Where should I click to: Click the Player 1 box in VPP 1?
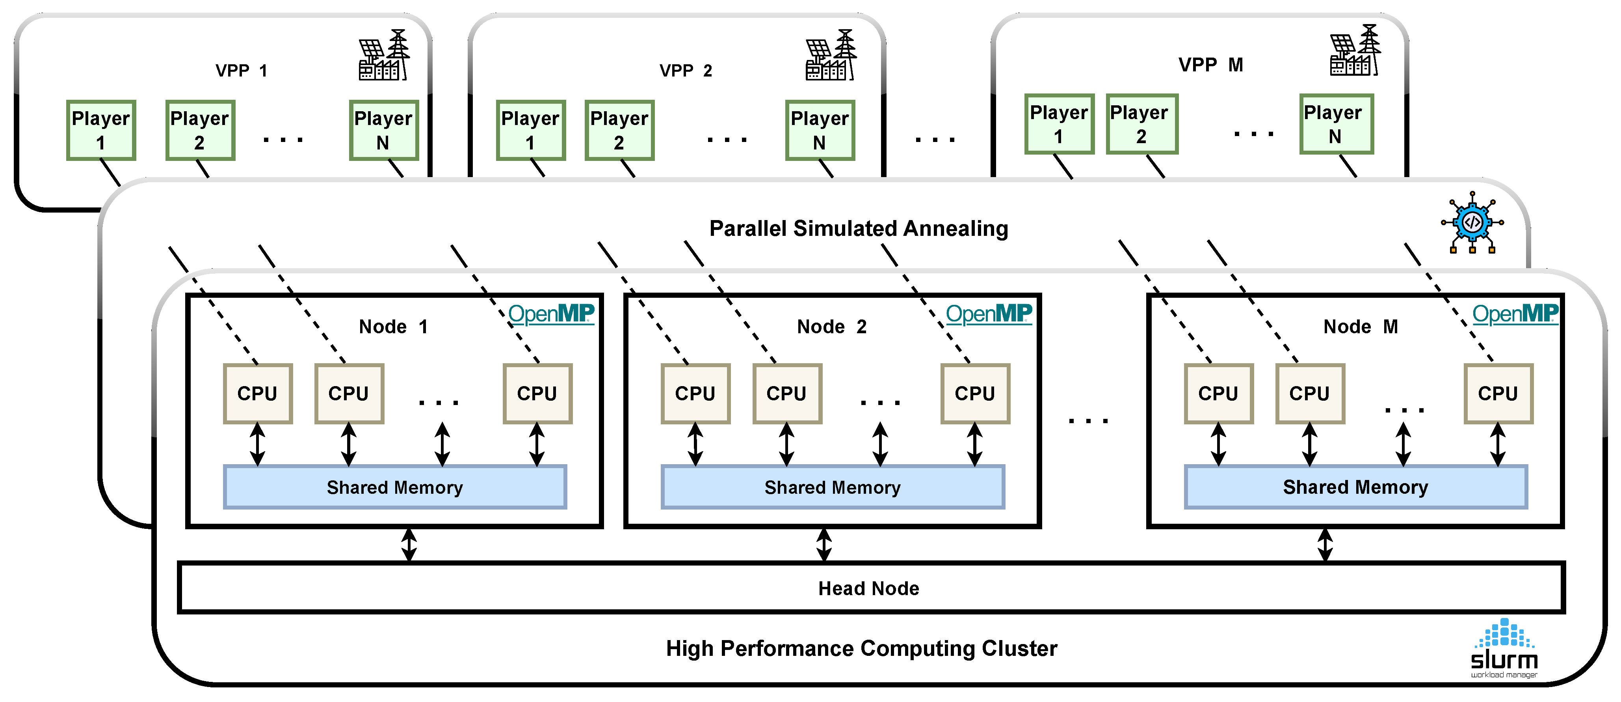tap(101, 130)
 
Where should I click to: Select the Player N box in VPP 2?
tap(819, 130)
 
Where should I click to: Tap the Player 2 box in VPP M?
tap(1141, 124)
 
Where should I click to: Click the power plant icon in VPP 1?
tap(383, 55)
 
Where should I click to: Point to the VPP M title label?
tap(1210, 65)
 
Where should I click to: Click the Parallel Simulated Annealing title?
tap(858, 228)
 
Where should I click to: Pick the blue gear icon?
tap(1472, 222)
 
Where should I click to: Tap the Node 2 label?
tap(831, 327)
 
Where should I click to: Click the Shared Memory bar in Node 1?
tap(394, 487)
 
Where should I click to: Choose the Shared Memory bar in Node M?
tap(1355, 487)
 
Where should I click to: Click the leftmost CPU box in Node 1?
tap(257, 394)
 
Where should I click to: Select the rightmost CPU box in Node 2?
tap(975, 394)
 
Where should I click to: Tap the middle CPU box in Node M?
tap(1309, 394)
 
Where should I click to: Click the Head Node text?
tap(868, 588)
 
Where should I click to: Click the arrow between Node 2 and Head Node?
tap(824, 545)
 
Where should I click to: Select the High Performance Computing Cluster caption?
tap(861, 648)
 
